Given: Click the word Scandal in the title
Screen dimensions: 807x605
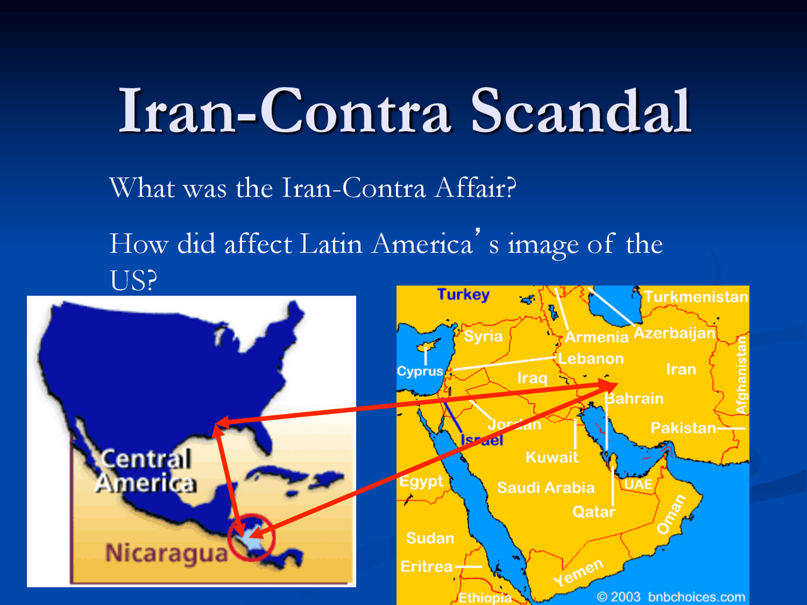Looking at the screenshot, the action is (x=581, y=110).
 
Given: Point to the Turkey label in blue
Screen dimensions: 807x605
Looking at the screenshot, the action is (x=463, y=294).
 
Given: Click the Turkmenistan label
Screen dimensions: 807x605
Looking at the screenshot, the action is (x=696, y=297).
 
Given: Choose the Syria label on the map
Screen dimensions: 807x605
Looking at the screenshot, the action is (x=483, y=336).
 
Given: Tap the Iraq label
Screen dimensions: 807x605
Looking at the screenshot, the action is (x=532, y=378).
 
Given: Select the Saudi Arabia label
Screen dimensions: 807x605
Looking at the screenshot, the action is (x=545, y=487).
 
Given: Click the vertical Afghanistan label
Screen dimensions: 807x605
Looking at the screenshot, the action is (x=741, y=375).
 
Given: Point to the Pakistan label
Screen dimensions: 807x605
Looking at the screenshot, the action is (x=683, y=428).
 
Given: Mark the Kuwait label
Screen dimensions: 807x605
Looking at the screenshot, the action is (x=552, y=458).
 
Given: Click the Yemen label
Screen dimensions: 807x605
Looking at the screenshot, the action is (x=578, y=572).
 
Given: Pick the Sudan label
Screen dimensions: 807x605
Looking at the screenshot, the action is (x=430, y=538).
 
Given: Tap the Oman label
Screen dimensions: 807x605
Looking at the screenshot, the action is (x=671, y=514).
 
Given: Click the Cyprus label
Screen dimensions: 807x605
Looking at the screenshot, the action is (x=420, y=371).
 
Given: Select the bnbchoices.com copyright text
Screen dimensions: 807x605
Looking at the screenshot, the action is (x=671, y=597).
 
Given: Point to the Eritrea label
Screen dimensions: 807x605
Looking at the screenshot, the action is (x=426, y=567).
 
